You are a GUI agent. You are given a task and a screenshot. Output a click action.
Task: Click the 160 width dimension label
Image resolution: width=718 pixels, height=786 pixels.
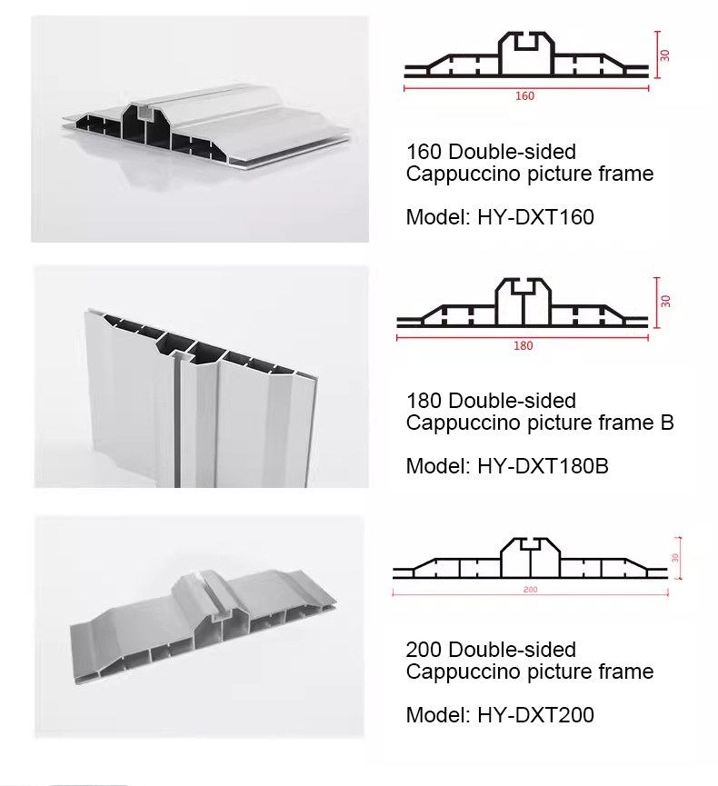pyautogui.click(x=525, y=95)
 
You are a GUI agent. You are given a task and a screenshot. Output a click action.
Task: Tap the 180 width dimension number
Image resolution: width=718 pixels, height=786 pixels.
pyautogui.click(x=523, y=345)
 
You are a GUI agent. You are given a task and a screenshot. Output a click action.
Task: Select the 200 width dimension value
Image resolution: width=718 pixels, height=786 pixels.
pyautogui.click(x=530, y=590)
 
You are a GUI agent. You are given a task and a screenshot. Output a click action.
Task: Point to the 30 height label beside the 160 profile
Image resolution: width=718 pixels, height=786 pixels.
pyautogui.click(x=665, y=55)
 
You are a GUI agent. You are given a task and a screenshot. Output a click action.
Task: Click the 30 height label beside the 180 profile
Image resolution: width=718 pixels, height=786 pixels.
pyautogui.click(x=665, y=301)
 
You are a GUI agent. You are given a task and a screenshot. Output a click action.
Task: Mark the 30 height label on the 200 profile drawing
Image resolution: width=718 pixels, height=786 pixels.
pyautogui.click(x=675, y=557)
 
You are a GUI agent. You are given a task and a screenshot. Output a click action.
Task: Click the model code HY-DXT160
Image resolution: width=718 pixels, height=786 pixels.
pyautogui.click(x=535, y=217)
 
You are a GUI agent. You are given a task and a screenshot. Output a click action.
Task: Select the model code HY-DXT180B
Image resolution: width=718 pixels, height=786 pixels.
pyautogui.click(x=543, y=466)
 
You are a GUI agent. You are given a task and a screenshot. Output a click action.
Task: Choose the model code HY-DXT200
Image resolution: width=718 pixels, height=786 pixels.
pyautogui.click(x=535, y=715)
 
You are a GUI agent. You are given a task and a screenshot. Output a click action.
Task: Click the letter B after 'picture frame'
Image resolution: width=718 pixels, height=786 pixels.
pyautogui.click(x=667, y=423)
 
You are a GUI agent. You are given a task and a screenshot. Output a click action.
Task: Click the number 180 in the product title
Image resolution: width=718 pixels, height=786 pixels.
pyautogui.click(x=424, y=401)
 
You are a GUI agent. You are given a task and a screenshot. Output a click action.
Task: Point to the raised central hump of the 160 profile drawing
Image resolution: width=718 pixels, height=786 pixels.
pyautogui.click(x=526, y=53)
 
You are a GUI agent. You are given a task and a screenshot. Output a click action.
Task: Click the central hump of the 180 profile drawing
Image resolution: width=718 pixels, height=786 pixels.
pyautogui.click(x=523, y=301)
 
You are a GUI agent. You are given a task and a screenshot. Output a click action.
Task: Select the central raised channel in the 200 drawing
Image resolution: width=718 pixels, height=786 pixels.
pyautogui.click(x=531, y=557)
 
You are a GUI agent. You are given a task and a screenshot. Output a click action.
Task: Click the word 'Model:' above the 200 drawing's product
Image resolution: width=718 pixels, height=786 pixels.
pyautogui.click(x=439, y=715)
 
